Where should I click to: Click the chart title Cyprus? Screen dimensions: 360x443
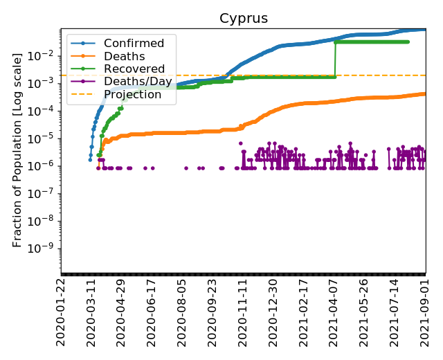(243, 18)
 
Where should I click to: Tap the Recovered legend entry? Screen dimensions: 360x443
(134, 69)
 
